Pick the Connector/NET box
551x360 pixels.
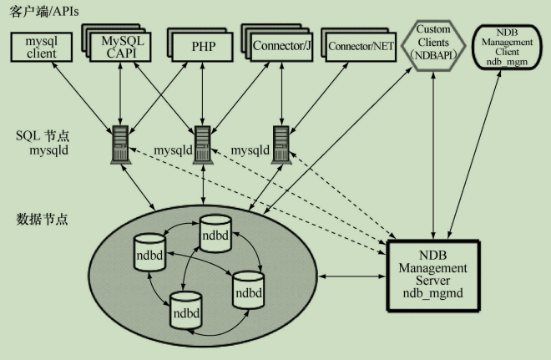tap(361, 45)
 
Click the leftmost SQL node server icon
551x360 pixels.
tap(119, 145)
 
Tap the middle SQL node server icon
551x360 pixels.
tap(202, 145)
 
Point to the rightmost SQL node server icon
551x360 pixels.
tap(281, 145)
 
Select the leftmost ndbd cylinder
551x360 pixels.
tap(149, 251)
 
